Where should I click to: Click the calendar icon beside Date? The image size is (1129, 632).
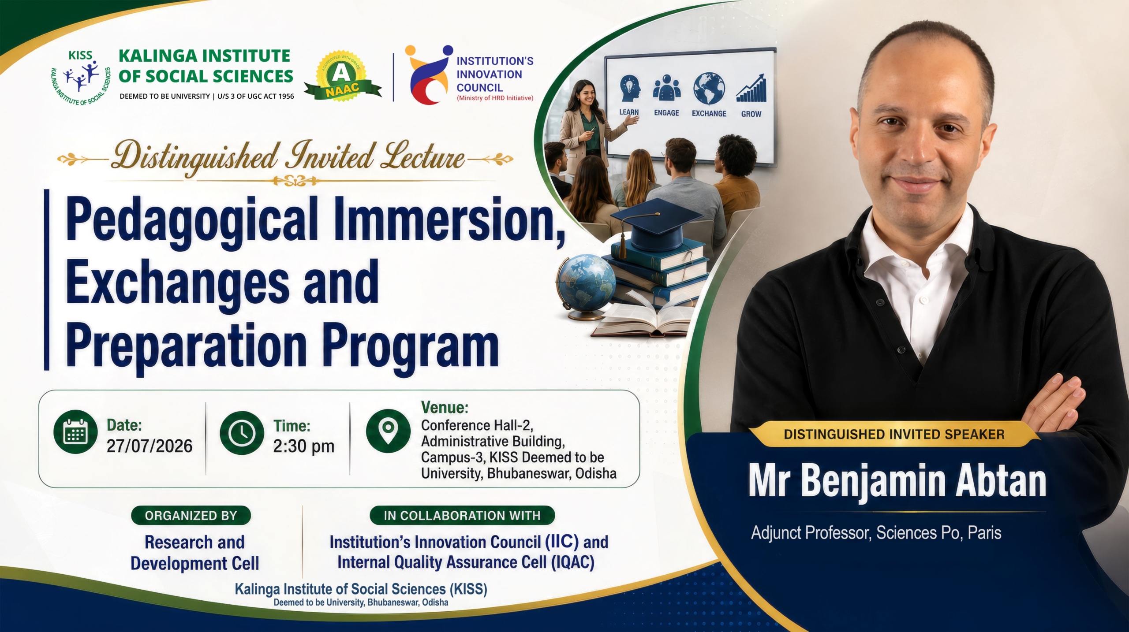(x=75, y=432)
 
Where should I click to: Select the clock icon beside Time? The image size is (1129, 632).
(x=242, y=433)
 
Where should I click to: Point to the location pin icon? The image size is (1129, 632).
(x=388, y=431)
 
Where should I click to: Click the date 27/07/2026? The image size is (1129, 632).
(x=150, y=446)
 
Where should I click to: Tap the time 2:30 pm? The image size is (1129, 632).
(x=304, y=446)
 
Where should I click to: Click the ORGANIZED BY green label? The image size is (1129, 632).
(x=191, y=515)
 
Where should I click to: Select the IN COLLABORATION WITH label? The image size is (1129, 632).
(x=462, y=515)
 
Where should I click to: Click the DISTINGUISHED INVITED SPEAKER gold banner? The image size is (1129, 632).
(x=894, y=434)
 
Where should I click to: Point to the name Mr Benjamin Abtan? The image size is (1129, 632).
(x=897, y=481)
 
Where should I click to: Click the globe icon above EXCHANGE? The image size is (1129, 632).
(x=709, y=89)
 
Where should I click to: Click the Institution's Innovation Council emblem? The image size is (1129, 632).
(x=429, y=74)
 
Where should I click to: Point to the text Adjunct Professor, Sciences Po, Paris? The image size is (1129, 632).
(x=876, y=533)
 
